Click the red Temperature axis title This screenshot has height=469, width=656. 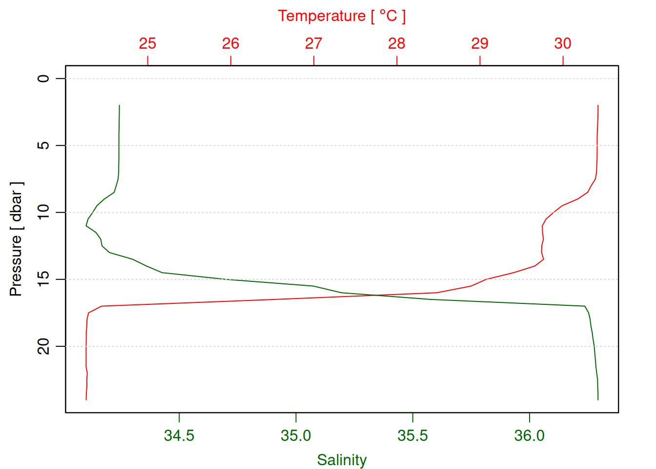coord(342,16)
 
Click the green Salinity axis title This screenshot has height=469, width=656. coord(342,460)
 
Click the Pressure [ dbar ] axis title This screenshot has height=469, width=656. coord(16,239)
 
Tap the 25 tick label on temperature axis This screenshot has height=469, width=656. coord(147,43)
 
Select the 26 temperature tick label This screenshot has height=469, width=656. coord(230,43)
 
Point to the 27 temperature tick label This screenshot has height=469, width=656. coord(313,43)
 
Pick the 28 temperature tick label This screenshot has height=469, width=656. coord(397,43)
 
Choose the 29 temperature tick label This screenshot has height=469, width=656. coord(480,43)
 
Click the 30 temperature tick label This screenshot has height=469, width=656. coord(563,43)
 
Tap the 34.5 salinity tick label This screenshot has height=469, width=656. coord(179,435)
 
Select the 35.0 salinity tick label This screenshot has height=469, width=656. coord(296,435)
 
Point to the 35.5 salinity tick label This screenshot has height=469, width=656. coord(412,435)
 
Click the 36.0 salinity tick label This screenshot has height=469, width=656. coord(530,435)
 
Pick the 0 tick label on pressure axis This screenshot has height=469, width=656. coord(44,78)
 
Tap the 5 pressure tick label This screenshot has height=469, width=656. coord(44,146)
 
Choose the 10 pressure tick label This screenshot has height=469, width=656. coord(44,213)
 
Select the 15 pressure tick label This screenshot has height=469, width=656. coord(44,279)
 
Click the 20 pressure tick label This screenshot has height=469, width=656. coord(44,346)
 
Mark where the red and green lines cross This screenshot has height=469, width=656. coord(376,295)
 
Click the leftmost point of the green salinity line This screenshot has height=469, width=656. coord(86,226)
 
